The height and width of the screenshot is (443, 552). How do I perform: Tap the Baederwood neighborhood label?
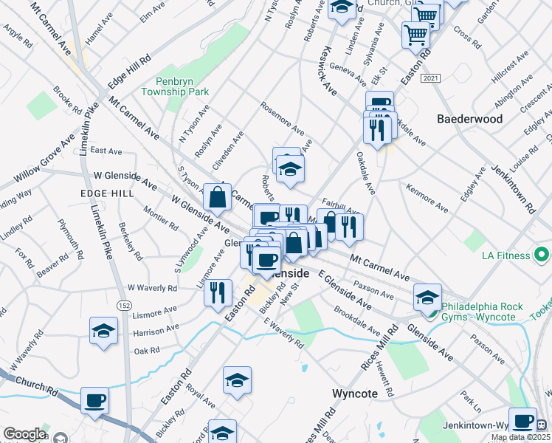(x=470, y=119)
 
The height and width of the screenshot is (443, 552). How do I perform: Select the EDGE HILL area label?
(x=107, y=193)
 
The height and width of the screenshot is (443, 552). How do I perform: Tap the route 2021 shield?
(x=431, y=78)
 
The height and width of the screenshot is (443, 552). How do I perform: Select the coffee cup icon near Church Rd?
(x=95, y=401)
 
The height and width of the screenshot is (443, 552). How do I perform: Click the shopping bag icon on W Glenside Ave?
(x=218, y=197)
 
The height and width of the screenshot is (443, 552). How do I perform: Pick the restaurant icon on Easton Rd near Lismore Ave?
(x=218, y=292)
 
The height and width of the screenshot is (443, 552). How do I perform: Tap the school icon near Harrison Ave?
(x=103, y=332)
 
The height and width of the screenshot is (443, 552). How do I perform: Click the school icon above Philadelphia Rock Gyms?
(x=427, y=298)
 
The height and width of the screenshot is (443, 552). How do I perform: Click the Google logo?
(x=24, y=435)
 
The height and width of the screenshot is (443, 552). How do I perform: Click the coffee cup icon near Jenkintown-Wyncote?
(x=522, y=422)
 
